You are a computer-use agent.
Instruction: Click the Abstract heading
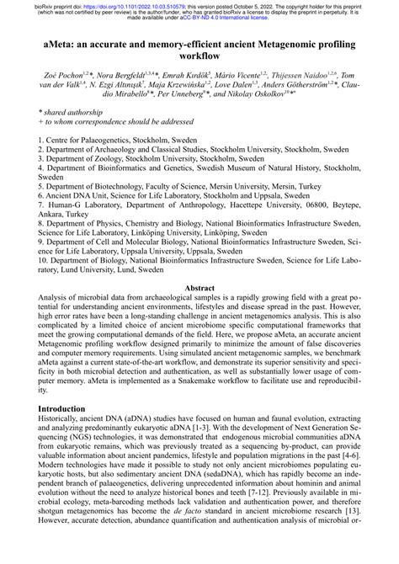pyautogui.click(x=199, y=288)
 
